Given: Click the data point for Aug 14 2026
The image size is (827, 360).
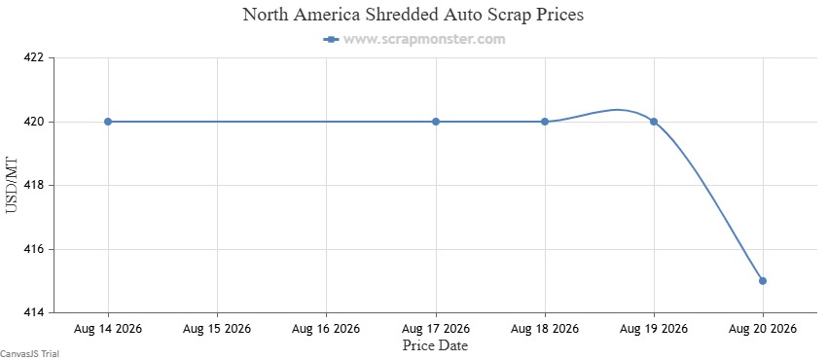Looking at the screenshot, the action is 108,122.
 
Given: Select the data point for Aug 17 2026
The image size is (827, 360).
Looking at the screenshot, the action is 436,122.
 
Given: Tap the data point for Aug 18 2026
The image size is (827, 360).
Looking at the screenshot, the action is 545,122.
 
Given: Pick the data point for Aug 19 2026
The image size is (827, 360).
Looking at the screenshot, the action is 654,122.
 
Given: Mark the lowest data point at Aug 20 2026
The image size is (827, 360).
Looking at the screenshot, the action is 763,280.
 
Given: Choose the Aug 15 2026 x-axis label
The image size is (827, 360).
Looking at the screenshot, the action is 217,329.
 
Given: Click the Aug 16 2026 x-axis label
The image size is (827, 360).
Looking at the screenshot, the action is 326,329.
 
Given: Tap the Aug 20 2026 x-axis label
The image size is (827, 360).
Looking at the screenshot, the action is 763,329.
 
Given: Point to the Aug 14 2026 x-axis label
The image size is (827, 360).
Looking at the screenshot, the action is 108,329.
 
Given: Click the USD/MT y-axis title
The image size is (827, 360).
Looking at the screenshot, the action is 12,185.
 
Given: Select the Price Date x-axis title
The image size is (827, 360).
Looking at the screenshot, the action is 436,345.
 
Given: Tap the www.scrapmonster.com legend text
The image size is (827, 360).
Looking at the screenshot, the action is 424,39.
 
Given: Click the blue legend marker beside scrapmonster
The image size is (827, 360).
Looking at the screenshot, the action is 331,39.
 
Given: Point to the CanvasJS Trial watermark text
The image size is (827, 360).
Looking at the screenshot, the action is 29,353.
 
